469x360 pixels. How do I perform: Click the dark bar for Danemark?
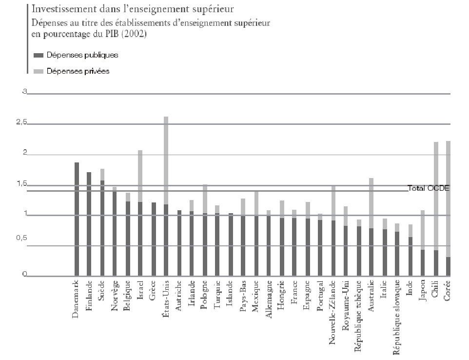(77, 220)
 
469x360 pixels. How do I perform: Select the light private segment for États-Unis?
(166, 160)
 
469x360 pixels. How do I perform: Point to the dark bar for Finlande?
(89, 224)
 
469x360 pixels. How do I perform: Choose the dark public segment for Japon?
(423, 263)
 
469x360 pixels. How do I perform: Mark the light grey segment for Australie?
(371, 203)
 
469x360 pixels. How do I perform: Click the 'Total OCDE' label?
(429, 188)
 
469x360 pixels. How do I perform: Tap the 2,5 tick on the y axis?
(20, 124)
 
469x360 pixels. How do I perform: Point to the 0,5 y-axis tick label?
(20, 245)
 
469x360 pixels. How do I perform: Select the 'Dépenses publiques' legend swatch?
(39, 56)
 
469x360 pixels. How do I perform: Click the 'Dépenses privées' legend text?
(78, 71)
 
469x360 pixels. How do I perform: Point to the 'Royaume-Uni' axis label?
(346, 307)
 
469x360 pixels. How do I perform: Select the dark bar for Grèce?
(153, 239)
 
